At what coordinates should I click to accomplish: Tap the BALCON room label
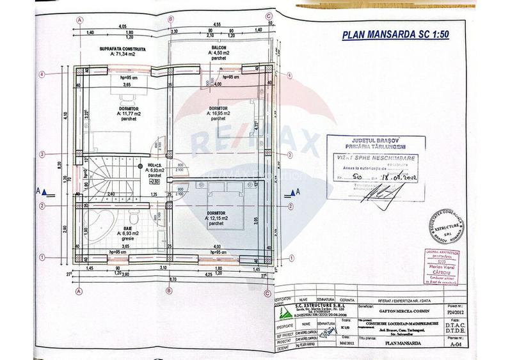tap(219, 48)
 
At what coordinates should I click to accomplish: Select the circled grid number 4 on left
tap(41, 74)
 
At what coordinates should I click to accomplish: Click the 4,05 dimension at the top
tap(122, 26)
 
